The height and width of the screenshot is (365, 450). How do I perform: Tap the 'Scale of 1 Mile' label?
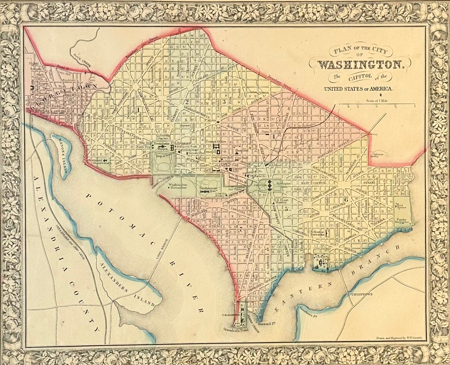coord(377,101)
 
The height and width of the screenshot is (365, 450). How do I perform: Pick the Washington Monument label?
coord(178,186)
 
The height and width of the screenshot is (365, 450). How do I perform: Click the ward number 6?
coord(345,200)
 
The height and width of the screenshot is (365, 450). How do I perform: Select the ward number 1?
coord(137,109)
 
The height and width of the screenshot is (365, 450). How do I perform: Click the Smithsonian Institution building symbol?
coord(204,193)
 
